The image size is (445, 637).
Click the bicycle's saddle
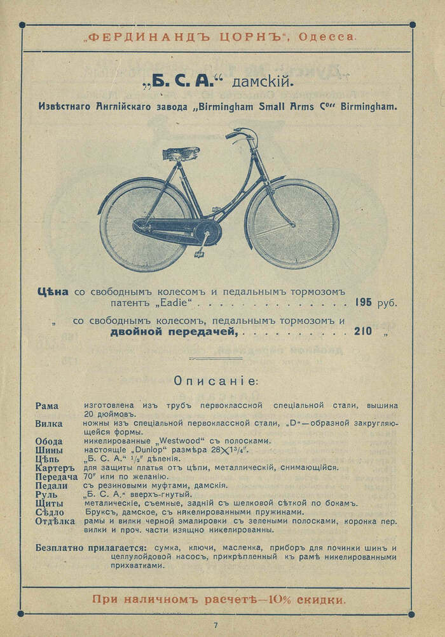181,153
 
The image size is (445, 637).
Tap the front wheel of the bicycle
292,224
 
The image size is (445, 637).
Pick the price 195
364,302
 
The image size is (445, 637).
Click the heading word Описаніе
216,381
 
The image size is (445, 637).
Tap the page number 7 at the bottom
216,626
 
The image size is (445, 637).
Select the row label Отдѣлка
55,521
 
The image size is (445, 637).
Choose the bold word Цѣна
53,292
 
